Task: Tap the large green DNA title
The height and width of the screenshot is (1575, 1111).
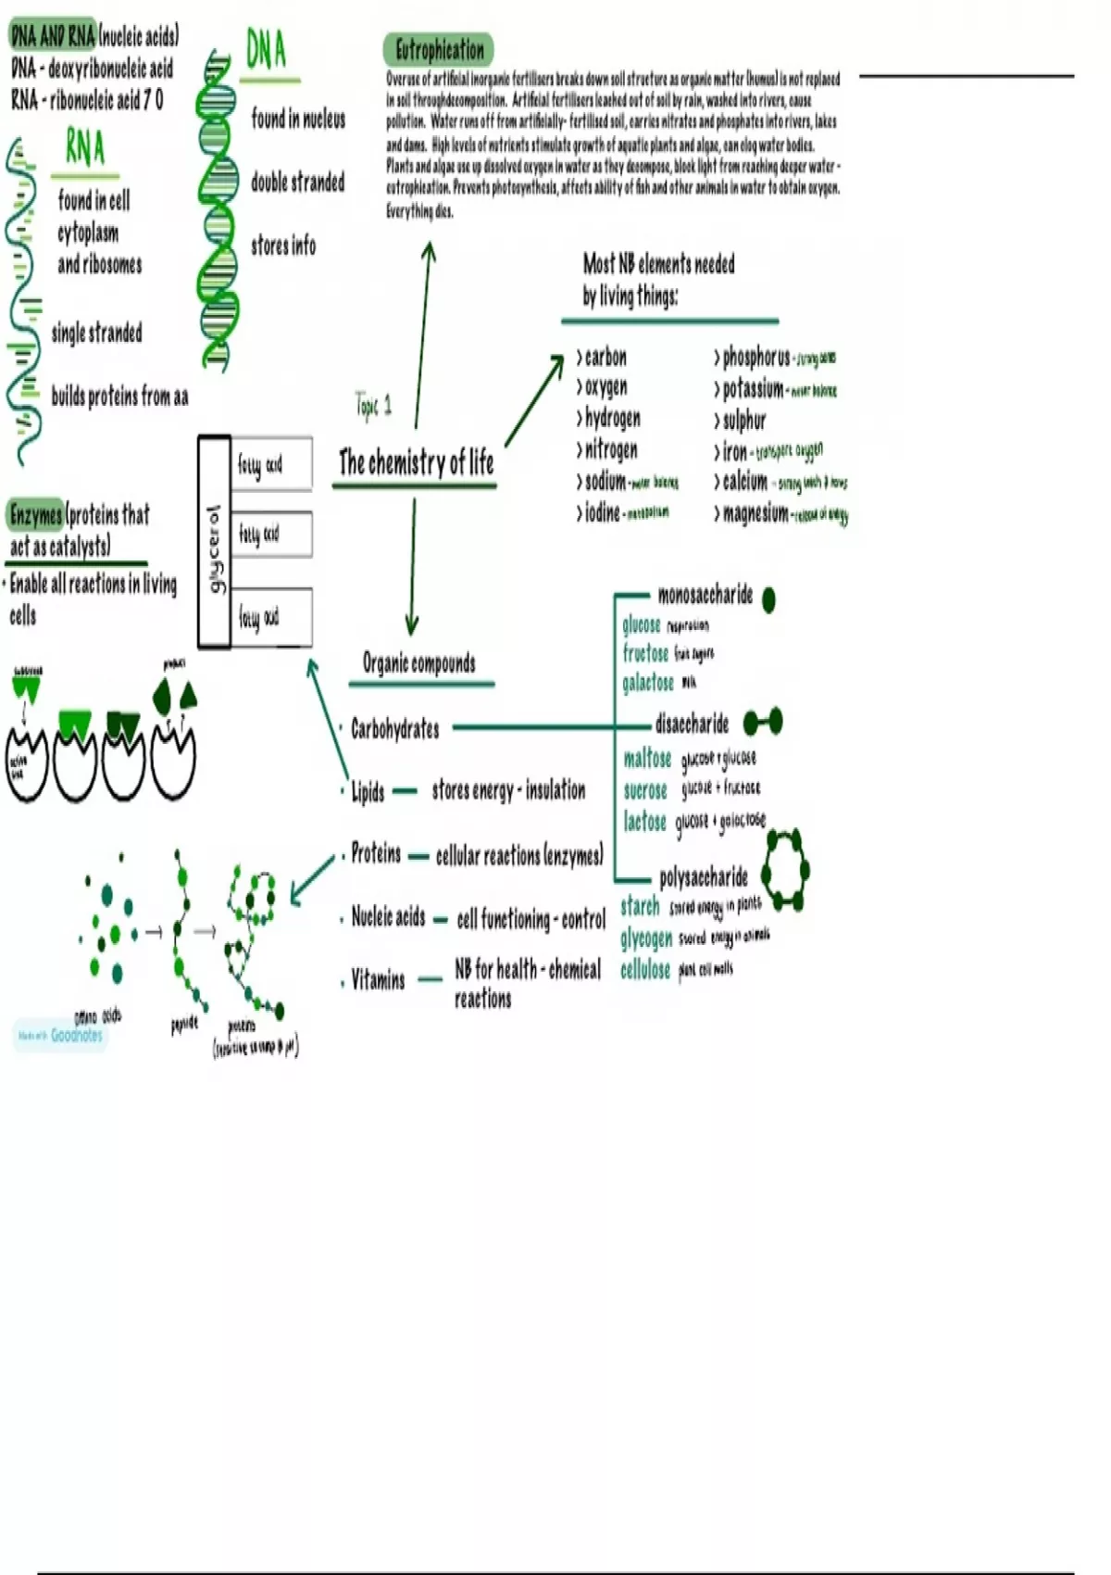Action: tap(266, 50)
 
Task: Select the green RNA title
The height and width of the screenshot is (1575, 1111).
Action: tap(85, 148)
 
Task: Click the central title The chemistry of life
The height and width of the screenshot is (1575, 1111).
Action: tap(416, 461)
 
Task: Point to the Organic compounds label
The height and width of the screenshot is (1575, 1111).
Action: tap(418, 663)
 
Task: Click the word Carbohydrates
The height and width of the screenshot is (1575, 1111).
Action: tap(394, 729)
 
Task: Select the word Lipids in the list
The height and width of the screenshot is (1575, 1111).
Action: tap(368, 792)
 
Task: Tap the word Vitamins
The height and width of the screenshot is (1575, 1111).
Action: tap(378, 979)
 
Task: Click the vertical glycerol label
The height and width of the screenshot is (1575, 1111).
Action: tap(215, 549)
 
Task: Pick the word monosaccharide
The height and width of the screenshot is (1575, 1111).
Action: tap(705, 596)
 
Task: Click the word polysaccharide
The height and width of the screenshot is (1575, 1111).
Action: tap(703, 876)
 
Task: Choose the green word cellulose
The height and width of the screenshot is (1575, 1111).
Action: tap(645, 970)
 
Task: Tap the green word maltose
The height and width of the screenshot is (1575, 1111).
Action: tap(647, 759)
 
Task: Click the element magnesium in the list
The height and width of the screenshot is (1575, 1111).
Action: tap(755, 513)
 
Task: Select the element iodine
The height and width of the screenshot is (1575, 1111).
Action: tap(603, 512)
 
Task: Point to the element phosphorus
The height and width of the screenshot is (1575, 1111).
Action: tap(756, 357)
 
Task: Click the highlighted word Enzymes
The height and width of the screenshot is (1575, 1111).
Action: tap(36, 514)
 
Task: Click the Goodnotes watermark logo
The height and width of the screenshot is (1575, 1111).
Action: tap(62, 1035)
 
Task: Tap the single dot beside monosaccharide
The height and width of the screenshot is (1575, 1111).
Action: tap(768, 599)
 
